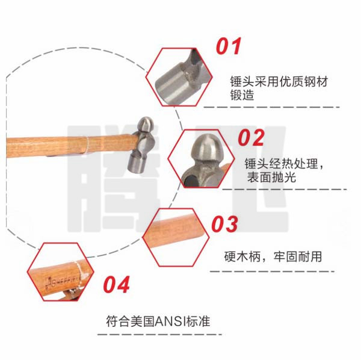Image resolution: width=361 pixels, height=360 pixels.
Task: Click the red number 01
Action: pyautogui.click(x=229, y=46)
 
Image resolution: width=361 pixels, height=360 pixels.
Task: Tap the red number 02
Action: pyautogui.click(x=251, y=137)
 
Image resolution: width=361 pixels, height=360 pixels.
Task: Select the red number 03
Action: pyautogui.click(x=224, y=224)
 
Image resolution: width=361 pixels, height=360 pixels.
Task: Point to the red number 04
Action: pyautogui.click(x=117, y=284)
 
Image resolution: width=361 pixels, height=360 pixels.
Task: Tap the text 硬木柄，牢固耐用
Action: pyautogui.click(x=273, y=256)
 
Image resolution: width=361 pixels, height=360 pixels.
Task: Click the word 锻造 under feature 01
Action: pyautogui.click(x=242, y=95)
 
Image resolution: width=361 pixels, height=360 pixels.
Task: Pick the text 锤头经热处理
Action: pyautogui.click(x=281, y=164)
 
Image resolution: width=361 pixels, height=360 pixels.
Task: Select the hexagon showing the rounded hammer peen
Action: pyautogui.click(x=201, y=159)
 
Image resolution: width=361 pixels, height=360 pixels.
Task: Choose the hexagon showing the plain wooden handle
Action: pyautogui.click(x=176, y=237)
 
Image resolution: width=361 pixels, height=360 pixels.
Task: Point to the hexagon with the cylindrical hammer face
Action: pyautogui.click(x=179, y=77)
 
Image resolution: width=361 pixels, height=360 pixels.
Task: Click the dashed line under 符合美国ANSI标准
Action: pyautogui.click(x=159, y=335)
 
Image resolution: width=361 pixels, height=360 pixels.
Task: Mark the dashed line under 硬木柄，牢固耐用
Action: pyautogui.click(x=272, y=272)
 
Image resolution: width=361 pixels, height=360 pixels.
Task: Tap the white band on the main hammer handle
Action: pyautogui.click(x=87, y=145)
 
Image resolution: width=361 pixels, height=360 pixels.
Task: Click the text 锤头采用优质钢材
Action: pyautogui.click(x=279, y=81)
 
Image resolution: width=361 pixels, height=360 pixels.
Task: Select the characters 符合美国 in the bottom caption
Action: pyautogui.click(x=131, y=321)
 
